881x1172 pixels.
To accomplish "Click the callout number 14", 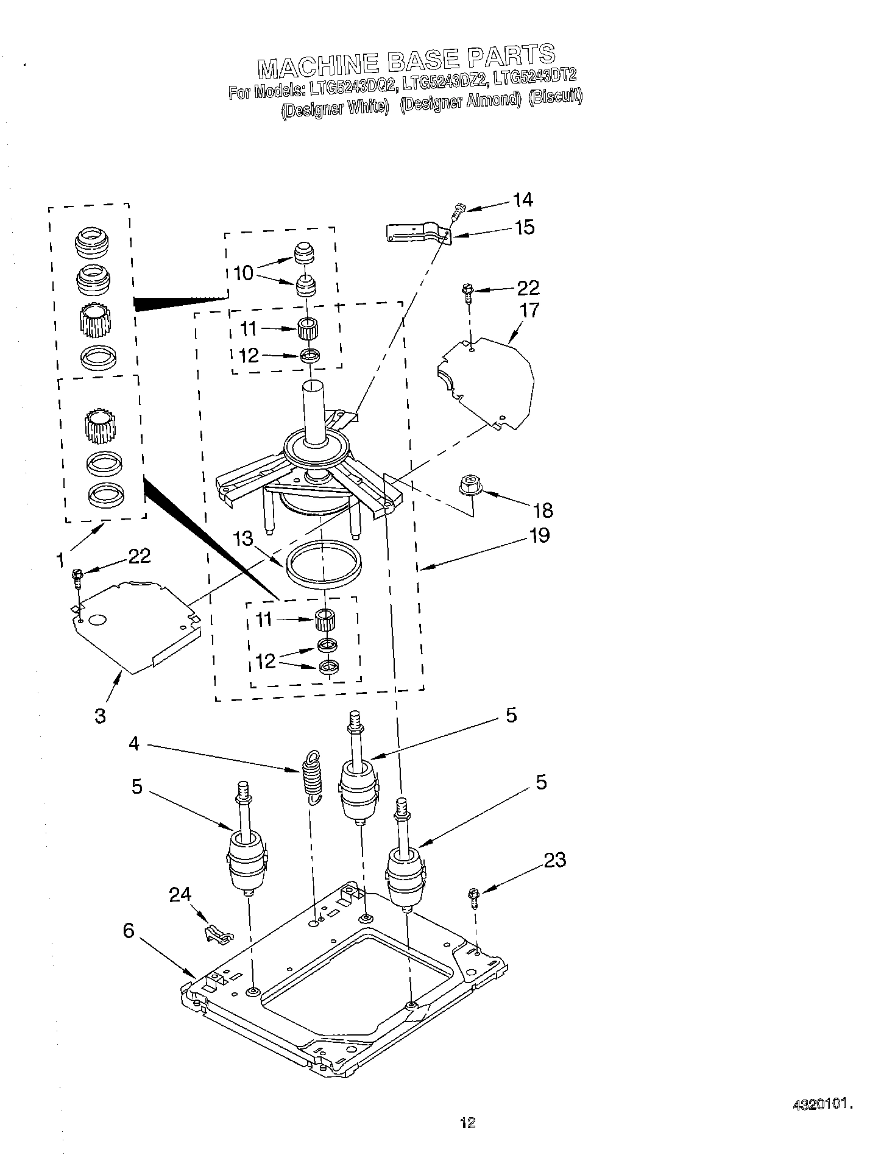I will coord(522,199).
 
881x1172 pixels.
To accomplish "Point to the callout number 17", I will coord(529,310).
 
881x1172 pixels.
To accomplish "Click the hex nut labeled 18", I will coord(471,485).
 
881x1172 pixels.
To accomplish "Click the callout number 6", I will coord(129,931).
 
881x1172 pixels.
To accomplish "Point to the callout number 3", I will coord(101,715).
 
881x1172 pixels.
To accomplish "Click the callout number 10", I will coord(243,273).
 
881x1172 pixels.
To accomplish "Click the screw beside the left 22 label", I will coord(77,576).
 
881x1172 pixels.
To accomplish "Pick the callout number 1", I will coord(60,559).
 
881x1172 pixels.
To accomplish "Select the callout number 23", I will coord(554,860).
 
